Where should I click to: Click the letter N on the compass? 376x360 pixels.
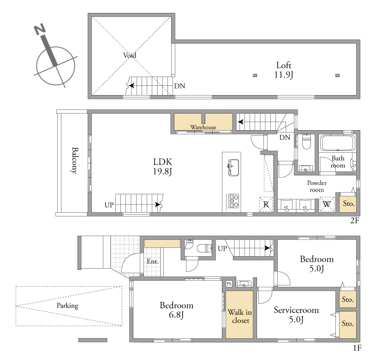(40, 29)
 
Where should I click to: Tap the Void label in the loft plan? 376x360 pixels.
(130, 55)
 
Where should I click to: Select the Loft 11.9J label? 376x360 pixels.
(284, 70)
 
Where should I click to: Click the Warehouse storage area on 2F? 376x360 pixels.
(203, 122)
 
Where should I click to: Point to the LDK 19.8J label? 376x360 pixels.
(162, 167)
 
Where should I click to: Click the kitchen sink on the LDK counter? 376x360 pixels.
(233, 168)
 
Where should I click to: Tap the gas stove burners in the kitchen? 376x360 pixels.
(233, 201)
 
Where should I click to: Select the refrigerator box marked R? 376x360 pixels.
(266, 204)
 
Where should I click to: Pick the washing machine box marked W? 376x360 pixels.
(327, 204)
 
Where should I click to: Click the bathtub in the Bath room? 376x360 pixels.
(337, 143)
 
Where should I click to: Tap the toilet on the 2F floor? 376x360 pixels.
(306, 142)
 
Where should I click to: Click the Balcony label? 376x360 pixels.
(75, 161)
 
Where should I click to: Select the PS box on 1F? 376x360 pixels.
(229, 284)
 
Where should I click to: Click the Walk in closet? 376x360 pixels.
(239, 314)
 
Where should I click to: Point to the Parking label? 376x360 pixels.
(67, 306)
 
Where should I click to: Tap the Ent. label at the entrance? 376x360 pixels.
(153, 261)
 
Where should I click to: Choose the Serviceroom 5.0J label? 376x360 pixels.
(296, 315)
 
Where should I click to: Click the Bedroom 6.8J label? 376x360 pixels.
(177, 310)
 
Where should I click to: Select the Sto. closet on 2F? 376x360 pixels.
(348, 204)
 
